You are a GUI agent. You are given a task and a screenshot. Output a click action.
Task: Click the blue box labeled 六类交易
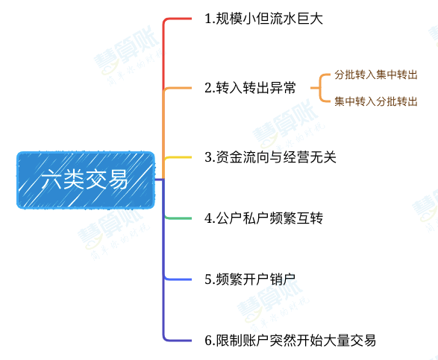tap(86, 180)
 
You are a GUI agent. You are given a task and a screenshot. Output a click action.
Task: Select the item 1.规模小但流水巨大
tap(263, 19)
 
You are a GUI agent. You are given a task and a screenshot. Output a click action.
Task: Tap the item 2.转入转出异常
tap(250, 88)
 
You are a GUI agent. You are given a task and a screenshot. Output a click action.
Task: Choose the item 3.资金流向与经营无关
tap(270, 157)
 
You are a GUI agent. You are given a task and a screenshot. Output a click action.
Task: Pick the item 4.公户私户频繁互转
tap(263, 218)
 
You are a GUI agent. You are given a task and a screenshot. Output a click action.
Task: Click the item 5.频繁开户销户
tap(250, 279)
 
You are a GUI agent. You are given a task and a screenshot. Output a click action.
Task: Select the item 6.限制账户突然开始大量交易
tap(290, 340)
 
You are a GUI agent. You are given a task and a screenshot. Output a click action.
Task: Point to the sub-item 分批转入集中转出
tap(376, 75)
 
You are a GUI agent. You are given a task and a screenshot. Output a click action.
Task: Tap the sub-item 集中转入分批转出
tap(376, 101)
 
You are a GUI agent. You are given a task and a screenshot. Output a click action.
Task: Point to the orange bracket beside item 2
tap(320, 88)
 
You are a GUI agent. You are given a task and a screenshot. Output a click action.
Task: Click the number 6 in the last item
tap(208, 341)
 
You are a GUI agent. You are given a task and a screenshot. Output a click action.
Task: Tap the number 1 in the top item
tap(208, 19)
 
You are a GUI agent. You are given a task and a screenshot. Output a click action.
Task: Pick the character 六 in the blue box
tap(51, 179)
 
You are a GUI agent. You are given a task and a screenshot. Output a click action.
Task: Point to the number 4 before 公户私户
tap(208, 218)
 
